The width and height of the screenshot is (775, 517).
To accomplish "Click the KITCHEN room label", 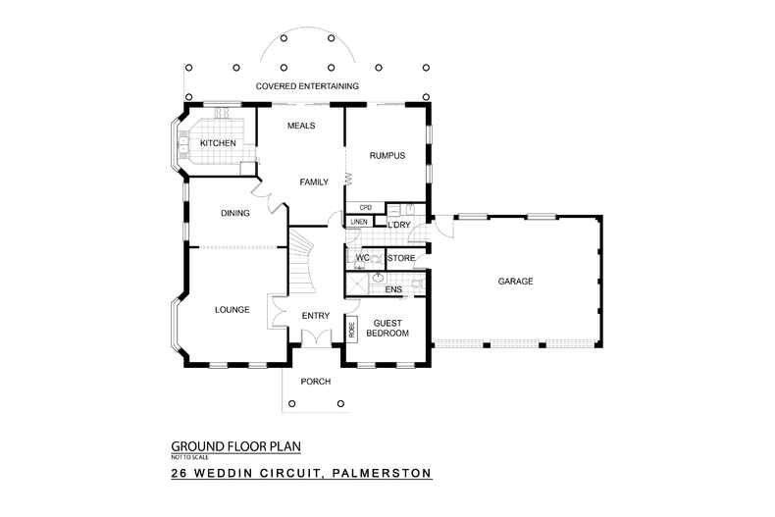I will point(218,144).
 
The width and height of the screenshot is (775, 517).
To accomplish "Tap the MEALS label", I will point(300,127).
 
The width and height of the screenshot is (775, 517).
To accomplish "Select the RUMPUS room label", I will point(387,156).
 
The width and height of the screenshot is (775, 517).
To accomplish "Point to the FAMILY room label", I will point(314,182).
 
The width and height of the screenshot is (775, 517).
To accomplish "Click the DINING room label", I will point(234,213).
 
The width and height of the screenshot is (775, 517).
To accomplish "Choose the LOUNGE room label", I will point(232,310).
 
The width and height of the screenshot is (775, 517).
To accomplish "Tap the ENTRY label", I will point(315,315).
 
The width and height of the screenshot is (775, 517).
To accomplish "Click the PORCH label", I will point(316,382).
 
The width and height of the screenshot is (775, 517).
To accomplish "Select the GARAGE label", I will point(515,282).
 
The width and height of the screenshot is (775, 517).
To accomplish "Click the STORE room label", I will point(402,259).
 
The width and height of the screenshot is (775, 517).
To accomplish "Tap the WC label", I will point(361,258).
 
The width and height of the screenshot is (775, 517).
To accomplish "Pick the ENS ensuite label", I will point(392,290).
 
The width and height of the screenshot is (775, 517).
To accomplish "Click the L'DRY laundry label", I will point(398,226).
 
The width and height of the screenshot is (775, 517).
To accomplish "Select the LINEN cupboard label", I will point(359,222).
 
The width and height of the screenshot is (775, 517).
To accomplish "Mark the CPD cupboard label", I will point(365,207).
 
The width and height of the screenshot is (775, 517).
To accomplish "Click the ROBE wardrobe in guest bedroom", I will point(351,329).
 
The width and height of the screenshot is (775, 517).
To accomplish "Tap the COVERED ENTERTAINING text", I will point(307,86).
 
